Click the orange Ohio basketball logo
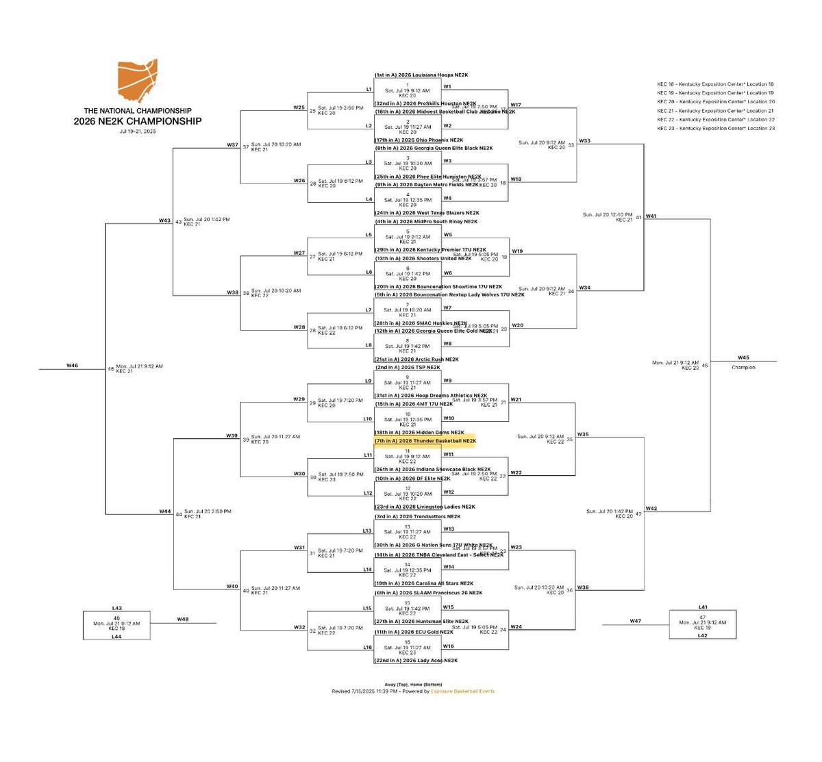(138, 81)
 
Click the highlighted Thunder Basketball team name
(425, 441)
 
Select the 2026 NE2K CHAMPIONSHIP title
(138, 121)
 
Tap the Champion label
(743, 368)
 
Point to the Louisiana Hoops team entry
(421, 75)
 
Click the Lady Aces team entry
(416, 661)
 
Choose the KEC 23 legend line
(716, 129)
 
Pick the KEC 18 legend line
(715, 84)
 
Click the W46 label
(72, 366)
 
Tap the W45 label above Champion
(743, 357)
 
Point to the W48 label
(182, 620)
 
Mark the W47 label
(635, 621)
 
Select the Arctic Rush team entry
(416, 359)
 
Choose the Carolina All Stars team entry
(423, 583)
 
